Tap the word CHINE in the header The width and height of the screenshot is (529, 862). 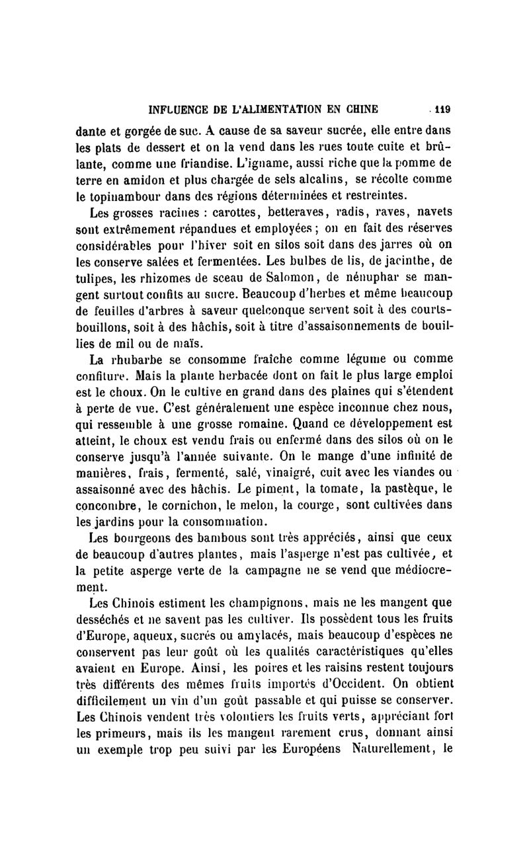pyautogui.click(x=356, y=110)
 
